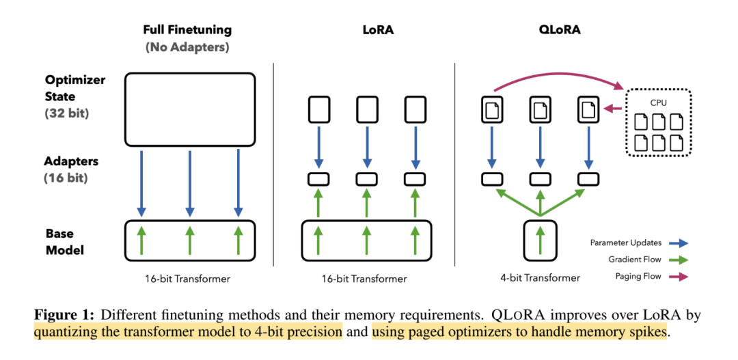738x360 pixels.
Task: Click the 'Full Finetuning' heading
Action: tap(187, 30)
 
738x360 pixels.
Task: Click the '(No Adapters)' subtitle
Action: tap(187, 48)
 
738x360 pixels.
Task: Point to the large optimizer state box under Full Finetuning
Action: tap(189, 107)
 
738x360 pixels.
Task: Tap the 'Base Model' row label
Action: tap(65, 242)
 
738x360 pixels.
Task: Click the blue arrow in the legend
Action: tap(679, 243)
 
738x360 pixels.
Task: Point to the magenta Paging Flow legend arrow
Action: tap(679, 277)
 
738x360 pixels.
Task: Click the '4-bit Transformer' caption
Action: tap(540, 278)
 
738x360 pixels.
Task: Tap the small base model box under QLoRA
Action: tap(540, 241)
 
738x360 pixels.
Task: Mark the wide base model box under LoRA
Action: tap(366, 240)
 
